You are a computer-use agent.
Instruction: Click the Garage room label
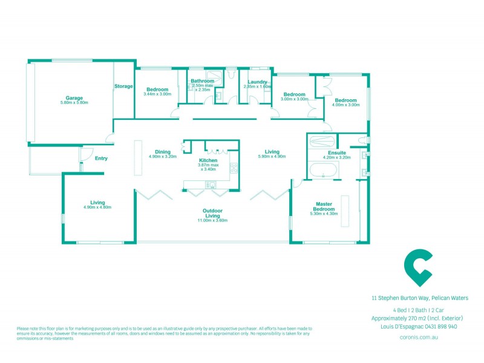click(74, 97)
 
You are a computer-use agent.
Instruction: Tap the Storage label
click(123, 87)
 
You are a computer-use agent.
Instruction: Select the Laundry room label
click(258, 81)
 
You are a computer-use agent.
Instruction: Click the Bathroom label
click(202, 81)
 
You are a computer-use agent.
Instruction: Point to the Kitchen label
click(208, 160)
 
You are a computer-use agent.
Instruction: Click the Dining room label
click(162, 152)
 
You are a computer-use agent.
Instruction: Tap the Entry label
click(101, 159)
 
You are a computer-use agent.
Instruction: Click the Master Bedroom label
click(322, 206)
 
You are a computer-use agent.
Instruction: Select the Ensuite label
click(337, 152)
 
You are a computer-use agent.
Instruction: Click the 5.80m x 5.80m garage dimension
click(74, 103)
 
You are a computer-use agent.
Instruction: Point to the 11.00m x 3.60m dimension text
click(212, 221)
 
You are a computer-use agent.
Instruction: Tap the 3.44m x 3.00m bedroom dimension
click(157, 94)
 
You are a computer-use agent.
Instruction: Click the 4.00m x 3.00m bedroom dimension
click(346, 105)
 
